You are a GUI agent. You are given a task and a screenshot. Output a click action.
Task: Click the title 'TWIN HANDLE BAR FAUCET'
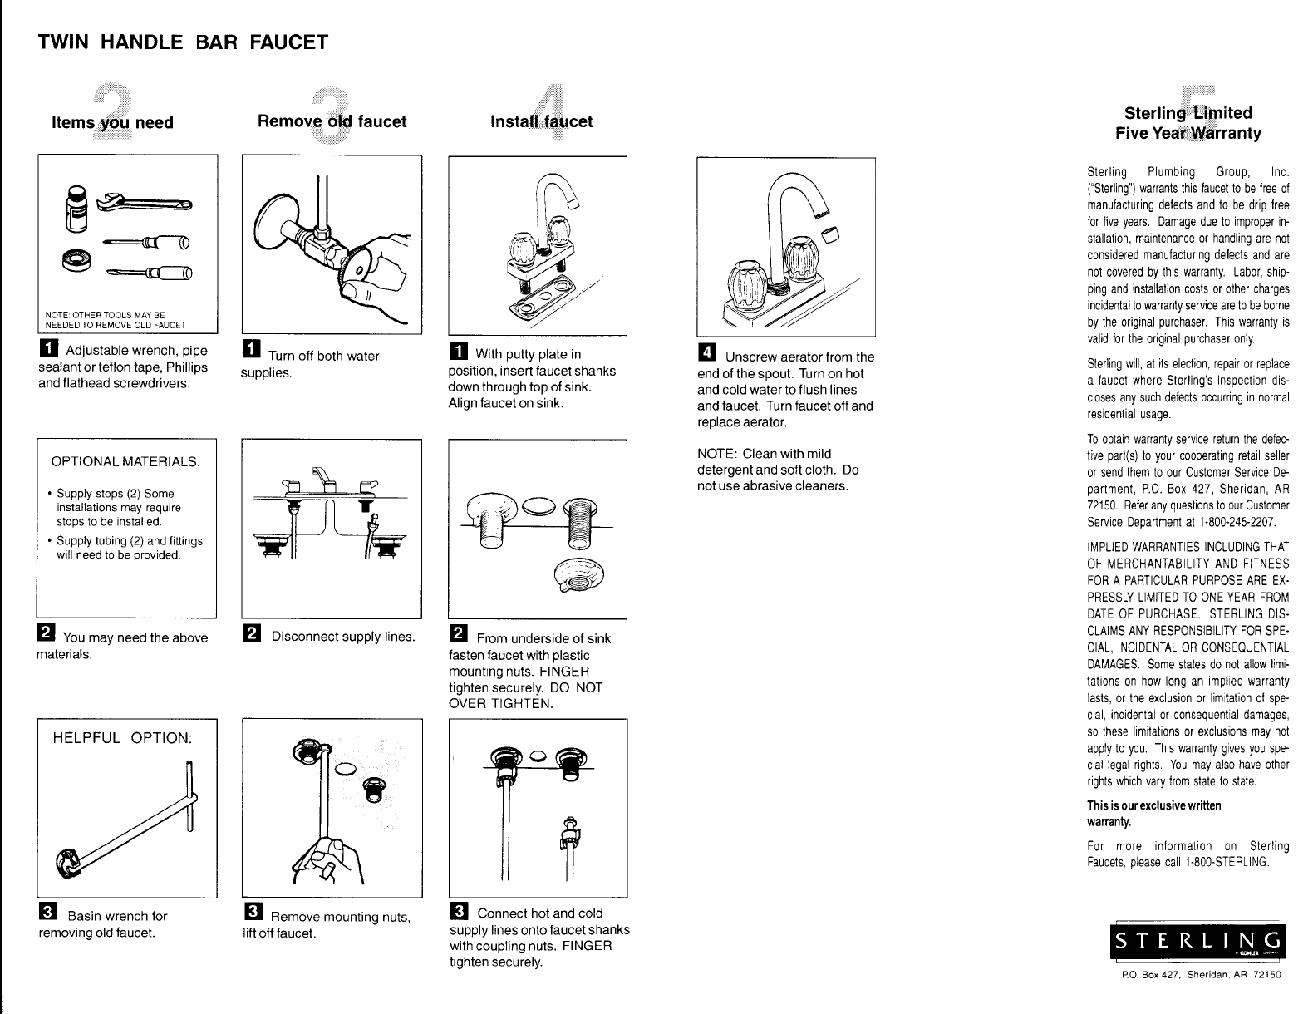(183, 42)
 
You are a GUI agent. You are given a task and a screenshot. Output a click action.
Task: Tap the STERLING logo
(1197, 942)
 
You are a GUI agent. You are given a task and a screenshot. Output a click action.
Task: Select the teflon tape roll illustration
(76, 260)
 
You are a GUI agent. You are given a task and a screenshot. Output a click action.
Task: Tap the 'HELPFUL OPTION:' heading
(122, 738)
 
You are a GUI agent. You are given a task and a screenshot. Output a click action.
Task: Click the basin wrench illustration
(125, 823)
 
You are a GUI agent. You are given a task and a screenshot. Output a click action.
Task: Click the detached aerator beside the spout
(830, 233)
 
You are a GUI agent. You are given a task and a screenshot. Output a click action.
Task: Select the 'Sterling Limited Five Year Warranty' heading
(1188, 123)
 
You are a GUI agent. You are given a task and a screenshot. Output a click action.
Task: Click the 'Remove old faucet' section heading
(332, 121)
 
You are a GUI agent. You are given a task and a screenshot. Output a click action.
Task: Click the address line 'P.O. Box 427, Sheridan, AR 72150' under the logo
(1201, 974)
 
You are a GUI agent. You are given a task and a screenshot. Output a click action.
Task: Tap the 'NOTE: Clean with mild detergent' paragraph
(778, 470)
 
